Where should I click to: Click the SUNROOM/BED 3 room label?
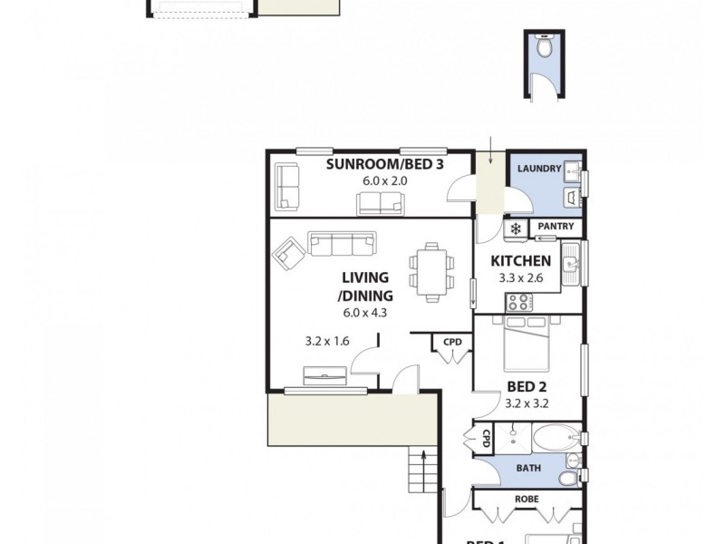click(372, 164)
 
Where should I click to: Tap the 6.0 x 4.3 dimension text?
click(365, 313)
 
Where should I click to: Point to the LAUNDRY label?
click(538, 169)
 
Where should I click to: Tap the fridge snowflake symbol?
click(515, 228)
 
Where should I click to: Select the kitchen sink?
click(570, 264)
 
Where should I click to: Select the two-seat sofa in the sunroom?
click(381, 203)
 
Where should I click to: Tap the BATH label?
click(528, 469)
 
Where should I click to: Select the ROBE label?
click(528, 498)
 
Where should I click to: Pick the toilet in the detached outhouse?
click(544, 47)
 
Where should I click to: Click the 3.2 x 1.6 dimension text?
click(327, 342)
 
